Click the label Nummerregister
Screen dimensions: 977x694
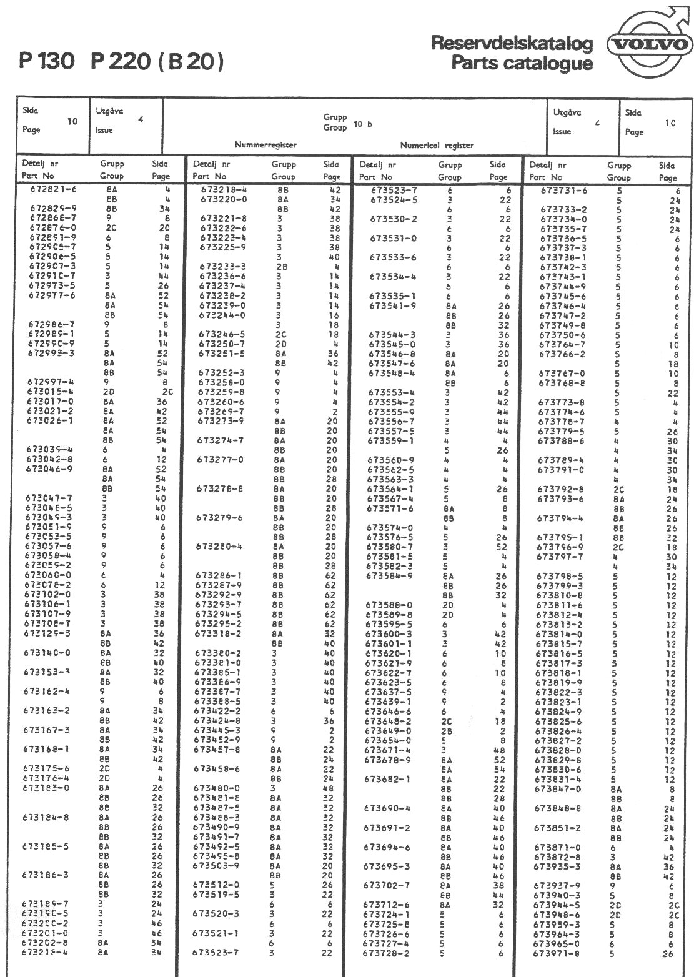coord(265,145)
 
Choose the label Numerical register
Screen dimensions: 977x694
coord(437,145)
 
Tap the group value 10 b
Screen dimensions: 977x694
coord(363,124)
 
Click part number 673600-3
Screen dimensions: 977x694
coord(388,633)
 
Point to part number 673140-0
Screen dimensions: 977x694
coord(47,653)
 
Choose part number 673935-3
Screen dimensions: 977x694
coord(557,866)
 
